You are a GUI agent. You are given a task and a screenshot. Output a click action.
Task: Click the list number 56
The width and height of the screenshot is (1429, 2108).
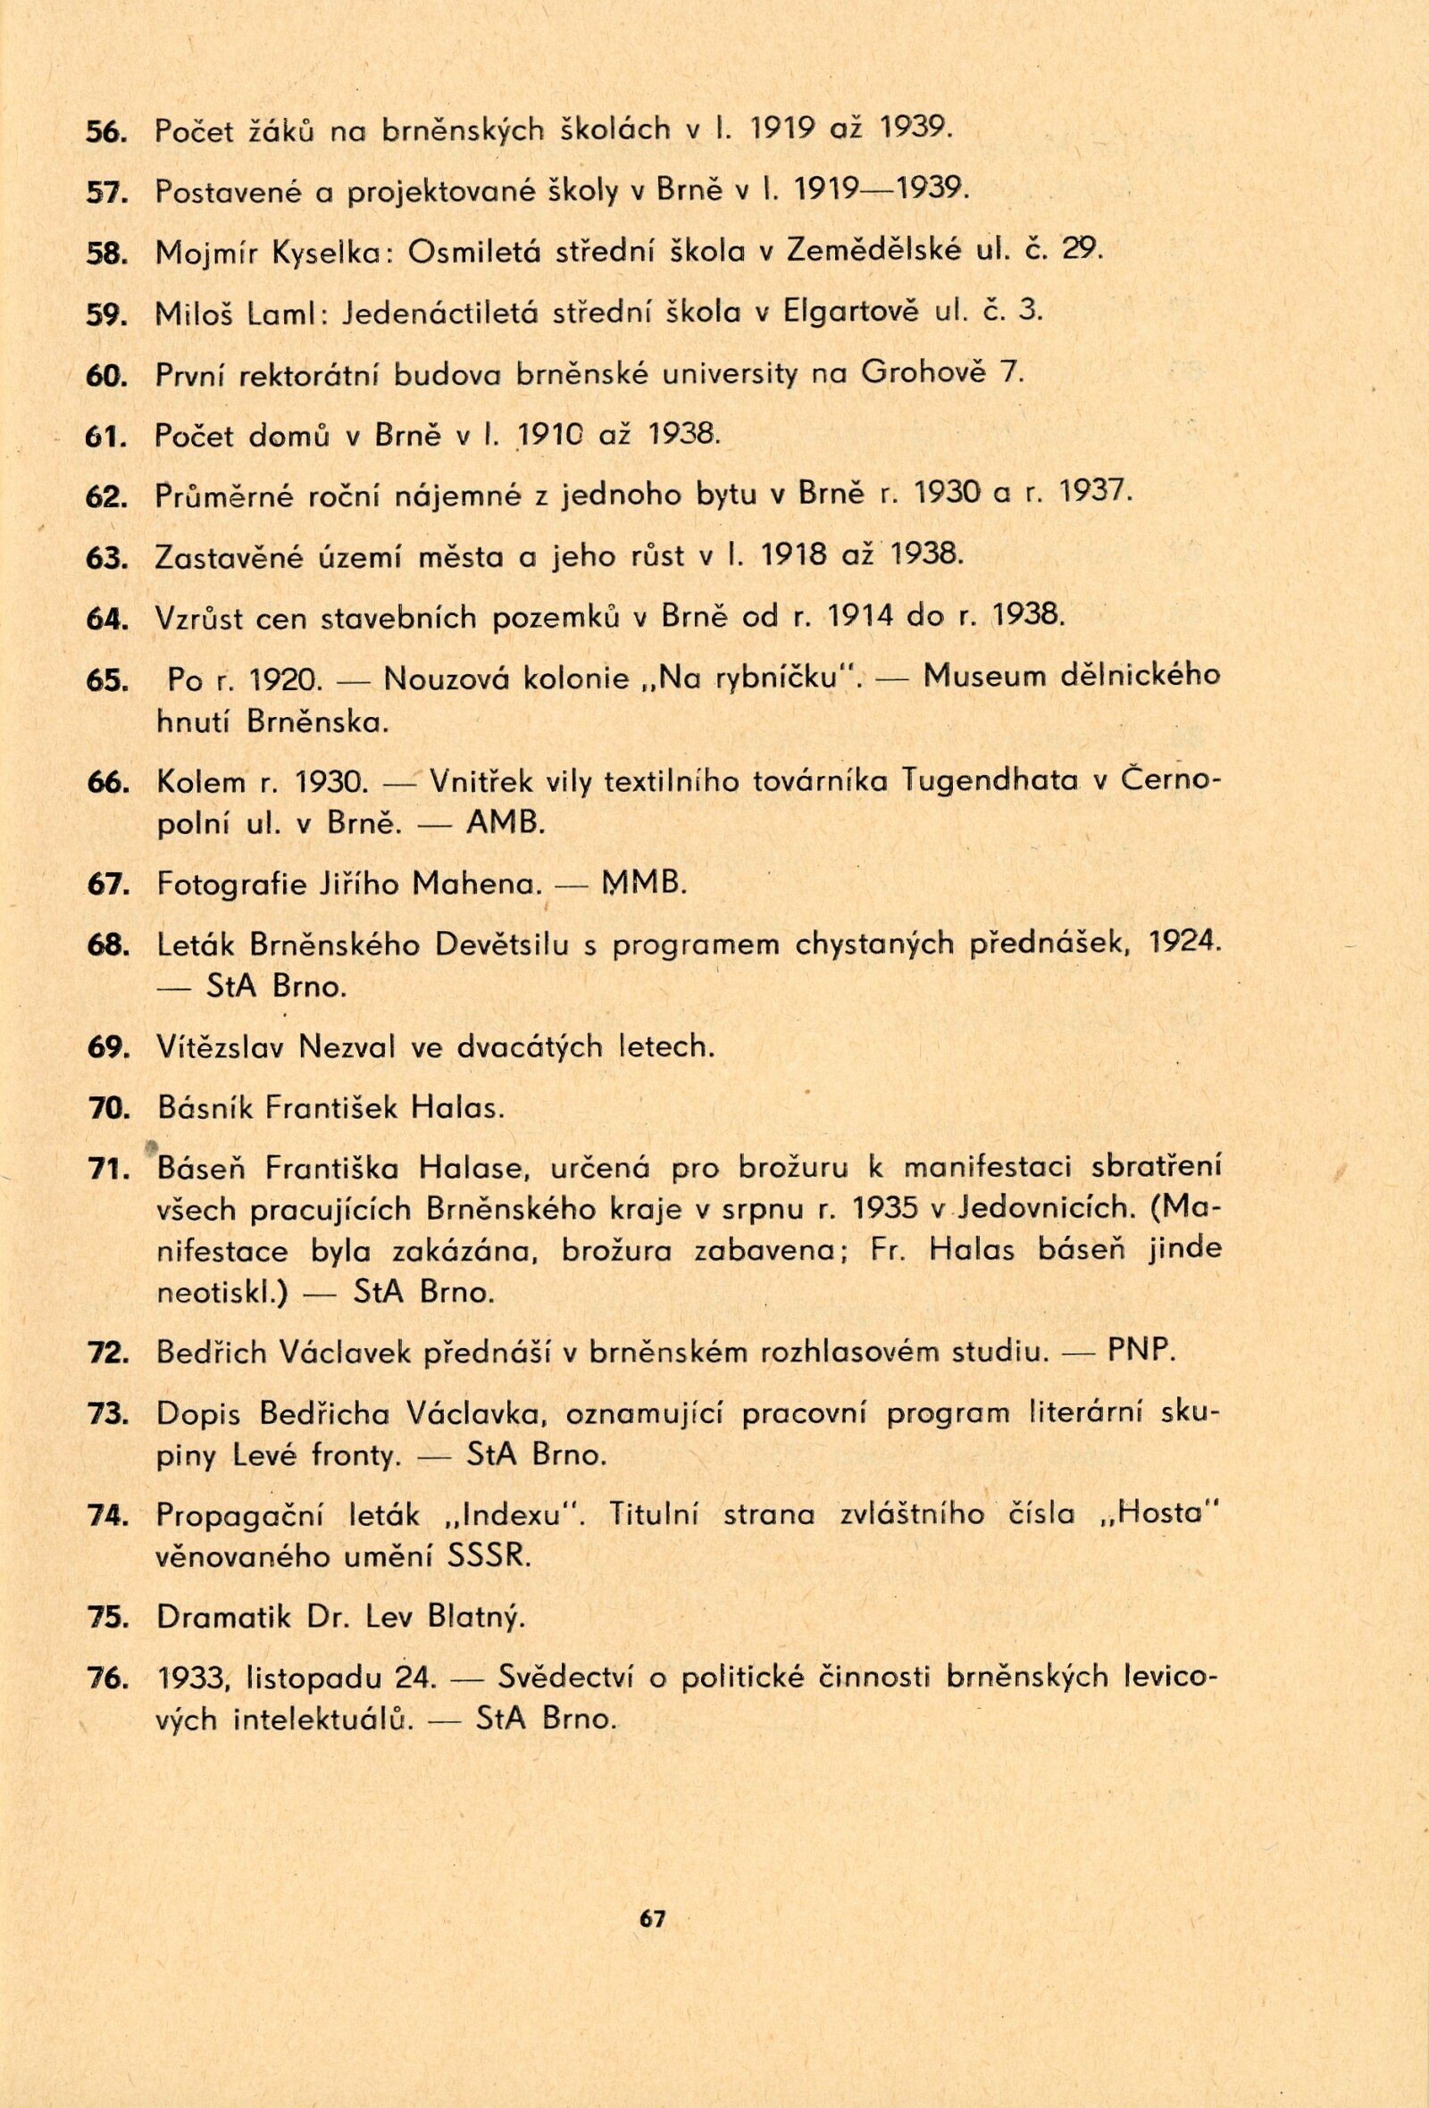tap(104, 131)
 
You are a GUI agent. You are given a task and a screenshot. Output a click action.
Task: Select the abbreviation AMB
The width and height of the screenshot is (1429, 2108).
tap(505, 822)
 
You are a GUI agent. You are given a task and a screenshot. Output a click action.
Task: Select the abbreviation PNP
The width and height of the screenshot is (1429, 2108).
tap(1141, 1354)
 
